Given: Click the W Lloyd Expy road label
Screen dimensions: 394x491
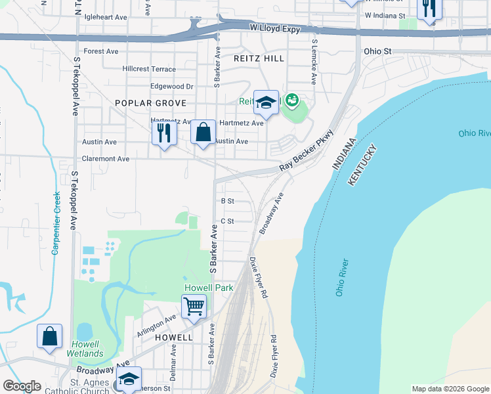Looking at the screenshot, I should (x=274, y=29).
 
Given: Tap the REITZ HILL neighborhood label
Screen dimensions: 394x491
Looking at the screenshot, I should (x=259, y=58).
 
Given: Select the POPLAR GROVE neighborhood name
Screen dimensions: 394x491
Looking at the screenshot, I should (x=150, y=103).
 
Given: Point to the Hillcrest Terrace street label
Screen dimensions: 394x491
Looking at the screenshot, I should (x=149, y=69).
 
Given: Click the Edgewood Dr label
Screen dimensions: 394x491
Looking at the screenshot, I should (x=172, y=86).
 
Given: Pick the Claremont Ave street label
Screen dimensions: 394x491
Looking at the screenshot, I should (x=105, y=159).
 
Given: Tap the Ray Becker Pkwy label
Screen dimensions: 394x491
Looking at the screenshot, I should (x=307, y=151).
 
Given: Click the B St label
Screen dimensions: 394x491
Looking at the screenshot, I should (x=228, y=201).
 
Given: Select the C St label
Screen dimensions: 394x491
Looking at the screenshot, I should (x=228, y=221).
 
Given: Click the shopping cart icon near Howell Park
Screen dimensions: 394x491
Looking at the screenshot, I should (x=194, y=305).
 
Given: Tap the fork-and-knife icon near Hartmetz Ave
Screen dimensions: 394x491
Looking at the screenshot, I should (x=163, y=133).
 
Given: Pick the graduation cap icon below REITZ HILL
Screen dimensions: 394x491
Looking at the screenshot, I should (x=266, y=102).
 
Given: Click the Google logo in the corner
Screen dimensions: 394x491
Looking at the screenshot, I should (x=22, y=386).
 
